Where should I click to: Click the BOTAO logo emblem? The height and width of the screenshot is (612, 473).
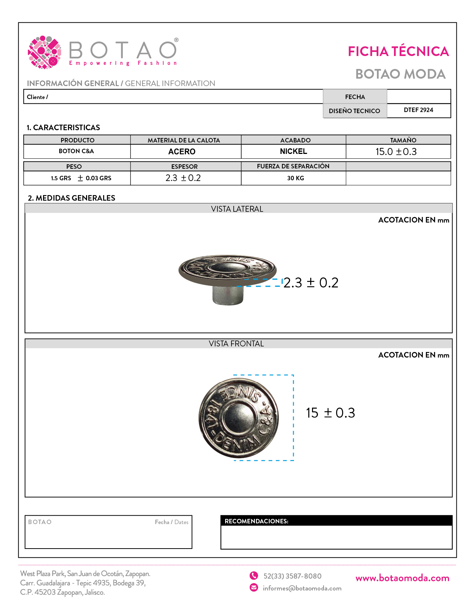pyautogui.click(x=45, y=52)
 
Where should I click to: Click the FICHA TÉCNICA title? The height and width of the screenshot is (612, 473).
pyautogui.click(x=398, y=52)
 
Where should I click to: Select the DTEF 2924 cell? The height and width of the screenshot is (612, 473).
pyautogui.click(x=418, y=110)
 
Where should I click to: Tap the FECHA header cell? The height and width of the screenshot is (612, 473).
pyautogui.click(x=355, y=97)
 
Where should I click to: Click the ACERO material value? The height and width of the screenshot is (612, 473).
pyautogui.click(x=182, y=152)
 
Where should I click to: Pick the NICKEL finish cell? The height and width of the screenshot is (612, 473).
pyautogui.click(x=293, y=151)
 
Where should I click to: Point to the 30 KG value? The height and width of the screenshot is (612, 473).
pyautogui.click(x=295, y=178)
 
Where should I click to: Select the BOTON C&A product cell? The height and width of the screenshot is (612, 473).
pyautogui.click(x=76, y=151)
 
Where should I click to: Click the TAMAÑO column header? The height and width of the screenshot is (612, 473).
pyautogui.click(x=403, y=140)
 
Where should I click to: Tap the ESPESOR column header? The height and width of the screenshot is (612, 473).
pyautogui.click(x=184, y=167)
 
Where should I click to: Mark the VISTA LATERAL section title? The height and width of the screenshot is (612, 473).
pyautogui.click(x=237, y=209)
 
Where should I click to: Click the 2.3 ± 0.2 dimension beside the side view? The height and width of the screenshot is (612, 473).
pyautogui.click(x=311, y=283)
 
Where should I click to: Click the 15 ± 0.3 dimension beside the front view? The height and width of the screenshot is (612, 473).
pyautogui.click(x=330, y=413)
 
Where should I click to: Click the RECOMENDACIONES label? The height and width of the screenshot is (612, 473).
pyautogui.click(x=256, y=521)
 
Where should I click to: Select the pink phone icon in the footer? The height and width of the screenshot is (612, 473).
pyautogui.click(x=254, y=576)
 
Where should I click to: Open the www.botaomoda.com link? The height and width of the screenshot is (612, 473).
pyautogui.click(x=402, y=578)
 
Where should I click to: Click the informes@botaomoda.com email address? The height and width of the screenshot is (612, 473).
pyautogui.click(x=302, y=588)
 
